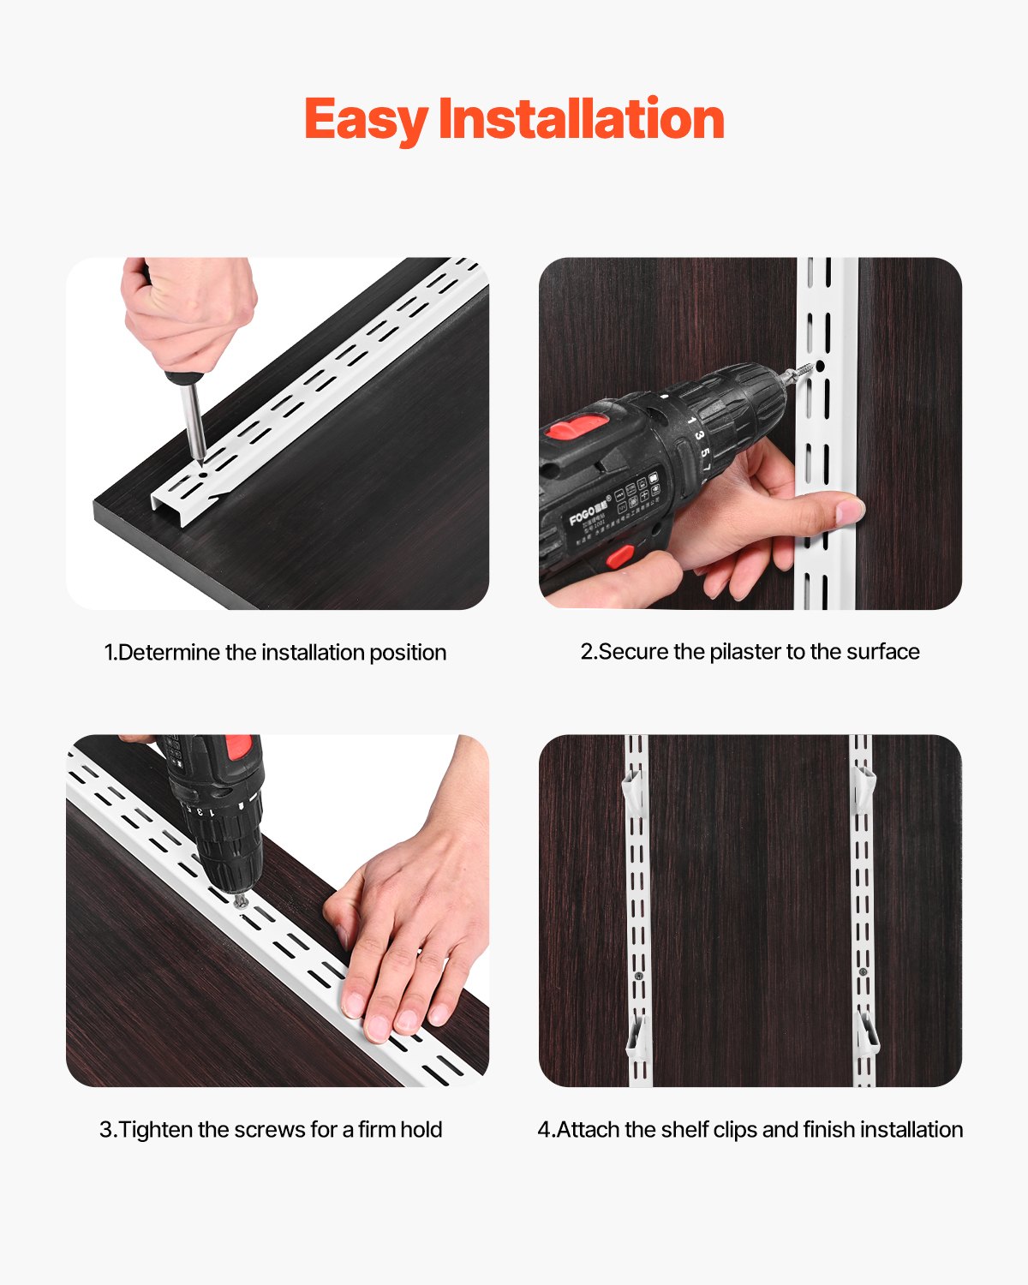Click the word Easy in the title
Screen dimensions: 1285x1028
(365, 119)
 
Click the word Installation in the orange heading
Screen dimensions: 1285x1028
(581, 119)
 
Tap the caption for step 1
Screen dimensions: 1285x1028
(275, 652)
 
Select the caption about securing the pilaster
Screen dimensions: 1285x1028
(750, 651)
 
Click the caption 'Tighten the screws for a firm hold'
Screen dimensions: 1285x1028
(271, 1129)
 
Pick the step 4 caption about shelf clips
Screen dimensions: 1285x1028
(750, 1129)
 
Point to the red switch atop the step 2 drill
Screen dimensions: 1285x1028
(573, 426)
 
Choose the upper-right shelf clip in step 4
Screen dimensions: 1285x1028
(865, 788)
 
